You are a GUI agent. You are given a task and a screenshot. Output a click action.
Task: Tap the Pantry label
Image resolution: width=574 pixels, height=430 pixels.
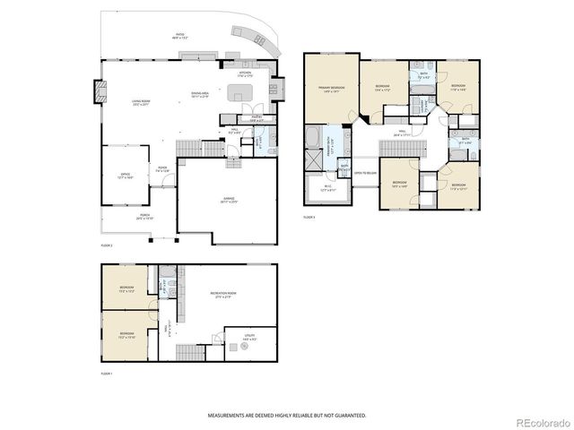point(256,117)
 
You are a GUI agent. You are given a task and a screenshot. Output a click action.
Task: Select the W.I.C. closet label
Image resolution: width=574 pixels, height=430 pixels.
point(327,189)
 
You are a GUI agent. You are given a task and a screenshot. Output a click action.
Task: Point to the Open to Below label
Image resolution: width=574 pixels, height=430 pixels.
point(365,172)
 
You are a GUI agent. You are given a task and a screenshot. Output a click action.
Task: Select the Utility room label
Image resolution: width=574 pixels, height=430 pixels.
point(248,340)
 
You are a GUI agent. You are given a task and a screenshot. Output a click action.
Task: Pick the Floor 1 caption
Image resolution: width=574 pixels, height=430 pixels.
point(107,373)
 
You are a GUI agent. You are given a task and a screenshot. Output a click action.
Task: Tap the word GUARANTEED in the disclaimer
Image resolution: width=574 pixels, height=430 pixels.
point(346,416)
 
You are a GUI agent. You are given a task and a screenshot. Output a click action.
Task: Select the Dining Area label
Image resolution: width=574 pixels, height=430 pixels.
point(199,94)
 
